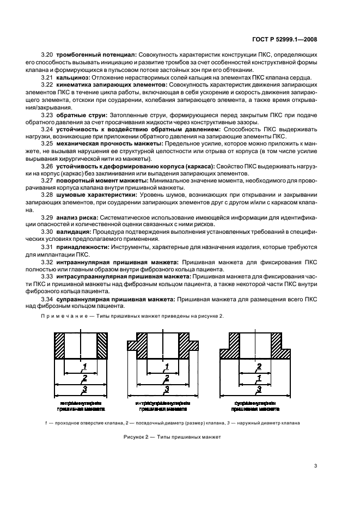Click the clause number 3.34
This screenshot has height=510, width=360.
48,300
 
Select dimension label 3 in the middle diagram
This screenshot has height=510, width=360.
166,388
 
